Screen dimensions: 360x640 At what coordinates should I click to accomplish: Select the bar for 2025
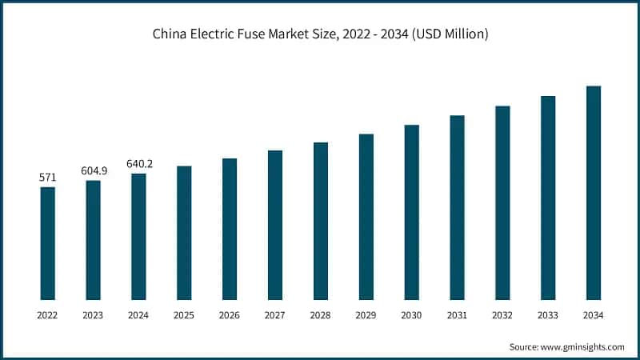184,233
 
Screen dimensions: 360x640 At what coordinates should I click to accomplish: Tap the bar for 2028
321,221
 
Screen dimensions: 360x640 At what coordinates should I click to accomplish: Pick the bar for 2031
457,207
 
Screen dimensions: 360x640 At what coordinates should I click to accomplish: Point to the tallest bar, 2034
594,193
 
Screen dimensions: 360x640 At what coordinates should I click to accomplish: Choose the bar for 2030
412,212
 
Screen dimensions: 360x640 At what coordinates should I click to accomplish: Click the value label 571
48,178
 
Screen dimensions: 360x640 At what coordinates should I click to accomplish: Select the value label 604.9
94,170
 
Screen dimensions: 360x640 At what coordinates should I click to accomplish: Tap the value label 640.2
139,164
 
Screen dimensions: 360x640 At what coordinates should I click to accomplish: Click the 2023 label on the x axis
94,316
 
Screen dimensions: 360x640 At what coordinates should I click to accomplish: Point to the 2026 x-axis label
230,316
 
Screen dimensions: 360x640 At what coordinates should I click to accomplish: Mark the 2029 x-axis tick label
366,316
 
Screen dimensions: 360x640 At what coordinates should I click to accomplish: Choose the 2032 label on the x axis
502,316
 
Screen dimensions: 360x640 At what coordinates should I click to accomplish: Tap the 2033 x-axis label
548,316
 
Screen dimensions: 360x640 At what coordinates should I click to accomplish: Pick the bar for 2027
275,225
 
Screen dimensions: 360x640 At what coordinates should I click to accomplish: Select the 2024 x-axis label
139,316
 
